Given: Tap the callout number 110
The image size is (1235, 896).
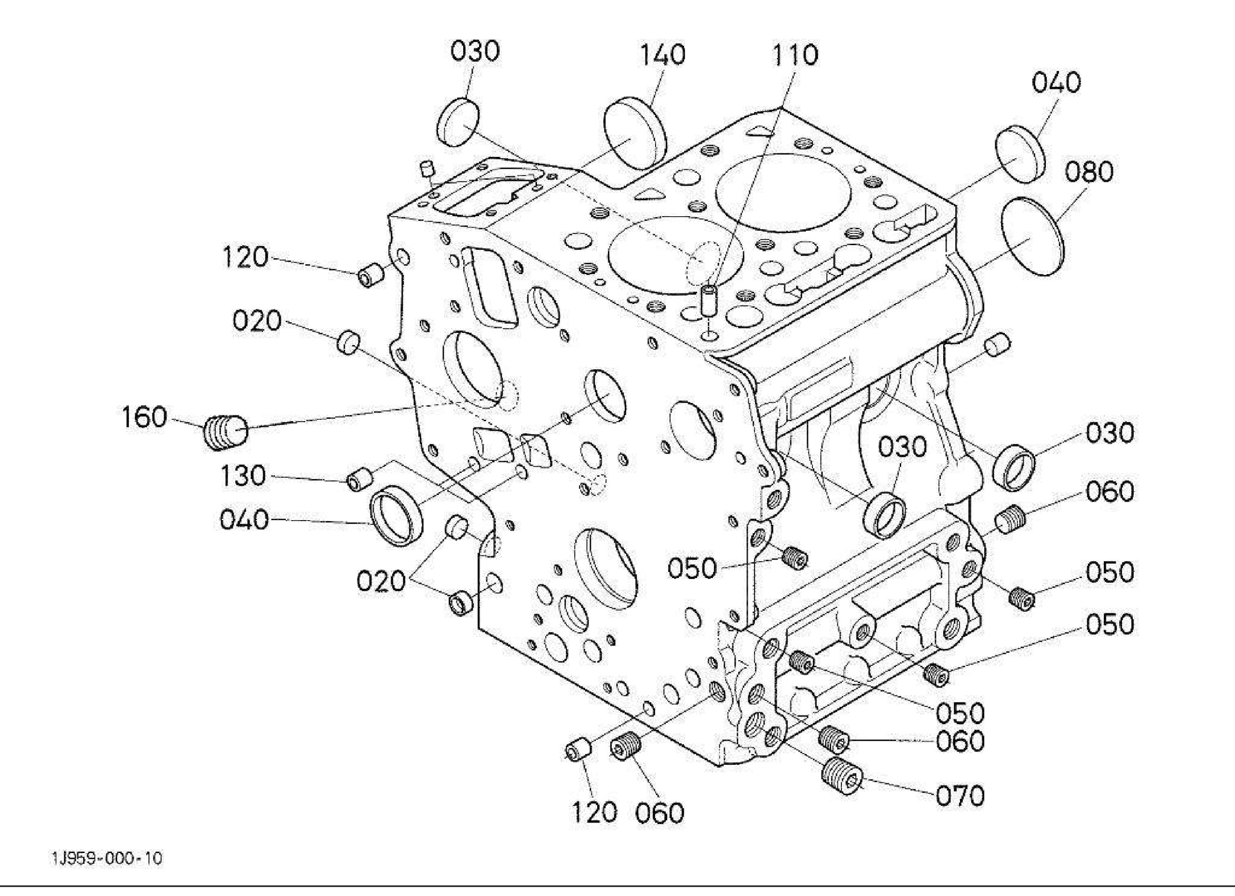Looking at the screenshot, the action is pyautogui.click(x=795, y=55).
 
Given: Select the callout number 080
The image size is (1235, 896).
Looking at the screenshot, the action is pyautogui.click(x=1089, y=172).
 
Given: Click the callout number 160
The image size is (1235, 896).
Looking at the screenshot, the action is pyautogui.click(x=144, y=418).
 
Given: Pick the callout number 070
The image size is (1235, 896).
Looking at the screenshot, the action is pyautogui.click(x=960, y=796).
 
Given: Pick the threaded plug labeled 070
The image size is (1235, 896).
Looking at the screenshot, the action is pyautogui.click(x=842, y=777).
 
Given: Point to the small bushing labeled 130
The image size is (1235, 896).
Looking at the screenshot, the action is pyautogui.click(x=359, y=478).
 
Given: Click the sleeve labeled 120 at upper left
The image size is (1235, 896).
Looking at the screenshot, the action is pyautogui.click(x=371, y=275).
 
